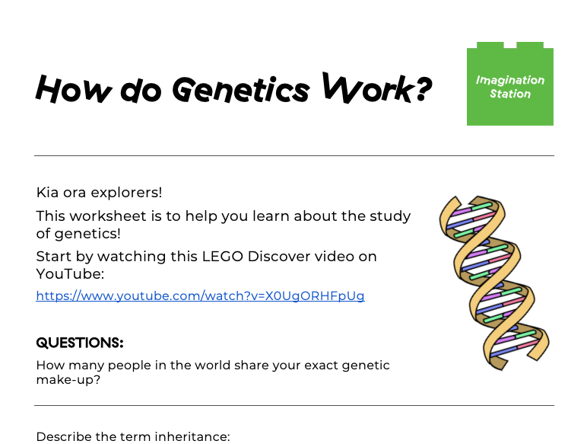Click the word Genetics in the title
[241, 91]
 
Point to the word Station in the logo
[510, 94]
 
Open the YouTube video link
[200, 296]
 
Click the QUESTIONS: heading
[80, 343]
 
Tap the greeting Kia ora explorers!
[99, 193]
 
